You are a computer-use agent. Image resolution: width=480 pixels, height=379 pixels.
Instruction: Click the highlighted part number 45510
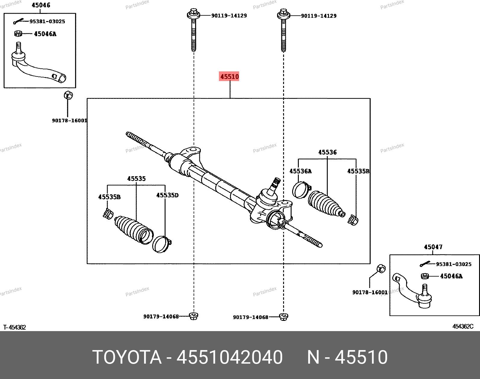point(229,77)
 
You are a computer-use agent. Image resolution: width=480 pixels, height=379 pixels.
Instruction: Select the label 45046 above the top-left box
point(41,5)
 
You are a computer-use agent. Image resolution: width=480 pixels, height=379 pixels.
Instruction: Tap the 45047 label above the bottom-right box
point(433,247)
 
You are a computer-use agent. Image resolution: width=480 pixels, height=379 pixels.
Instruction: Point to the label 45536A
point(300,171)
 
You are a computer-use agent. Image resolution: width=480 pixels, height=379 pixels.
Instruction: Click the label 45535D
point(167,195)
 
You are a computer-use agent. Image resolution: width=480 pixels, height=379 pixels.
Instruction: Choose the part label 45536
point(327,152)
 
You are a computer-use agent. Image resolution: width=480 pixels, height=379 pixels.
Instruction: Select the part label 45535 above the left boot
point(136,179)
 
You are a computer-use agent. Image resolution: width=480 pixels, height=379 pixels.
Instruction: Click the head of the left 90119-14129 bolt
point(193,14)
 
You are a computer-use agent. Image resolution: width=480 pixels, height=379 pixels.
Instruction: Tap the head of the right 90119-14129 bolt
point(283,14)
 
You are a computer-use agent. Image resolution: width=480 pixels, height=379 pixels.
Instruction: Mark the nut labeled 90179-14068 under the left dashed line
point(193,316)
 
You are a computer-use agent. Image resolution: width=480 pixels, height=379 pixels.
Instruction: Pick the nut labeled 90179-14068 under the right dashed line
point(283,316)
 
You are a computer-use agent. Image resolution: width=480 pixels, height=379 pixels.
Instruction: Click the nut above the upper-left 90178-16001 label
point(68,96)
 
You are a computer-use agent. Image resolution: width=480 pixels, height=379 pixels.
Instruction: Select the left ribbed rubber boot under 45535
point(133,230)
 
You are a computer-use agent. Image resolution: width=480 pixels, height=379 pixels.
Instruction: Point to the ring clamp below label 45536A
point(301,190)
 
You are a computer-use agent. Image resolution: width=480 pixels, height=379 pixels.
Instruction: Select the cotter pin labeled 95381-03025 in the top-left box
point(19,21)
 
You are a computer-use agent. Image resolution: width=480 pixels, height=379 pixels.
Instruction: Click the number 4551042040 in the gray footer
point(229,357)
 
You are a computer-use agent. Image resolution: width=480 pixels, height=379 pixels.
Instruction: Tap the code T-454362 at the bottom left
point(14,327)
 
